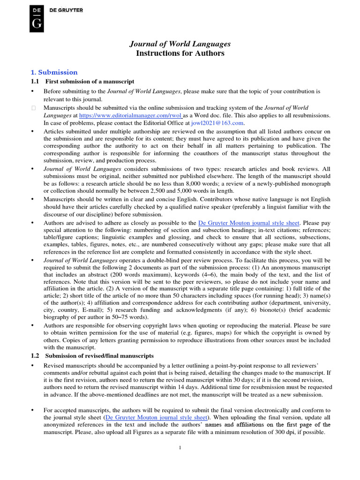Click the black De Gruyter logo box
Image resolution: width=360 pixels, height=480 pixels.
[x=37, y=19]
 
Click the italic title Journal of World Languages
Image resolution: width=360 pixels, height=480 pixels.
[x=180, y=44]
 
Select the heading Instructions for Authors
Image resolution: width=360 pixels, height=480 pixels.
[x=180, y=53]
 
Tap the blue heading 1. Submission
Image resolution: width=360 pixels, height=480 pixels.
[x=54, y=72]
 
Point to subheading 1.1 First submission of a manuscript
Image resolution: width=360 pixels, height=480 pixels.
[x=82, y=82]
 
